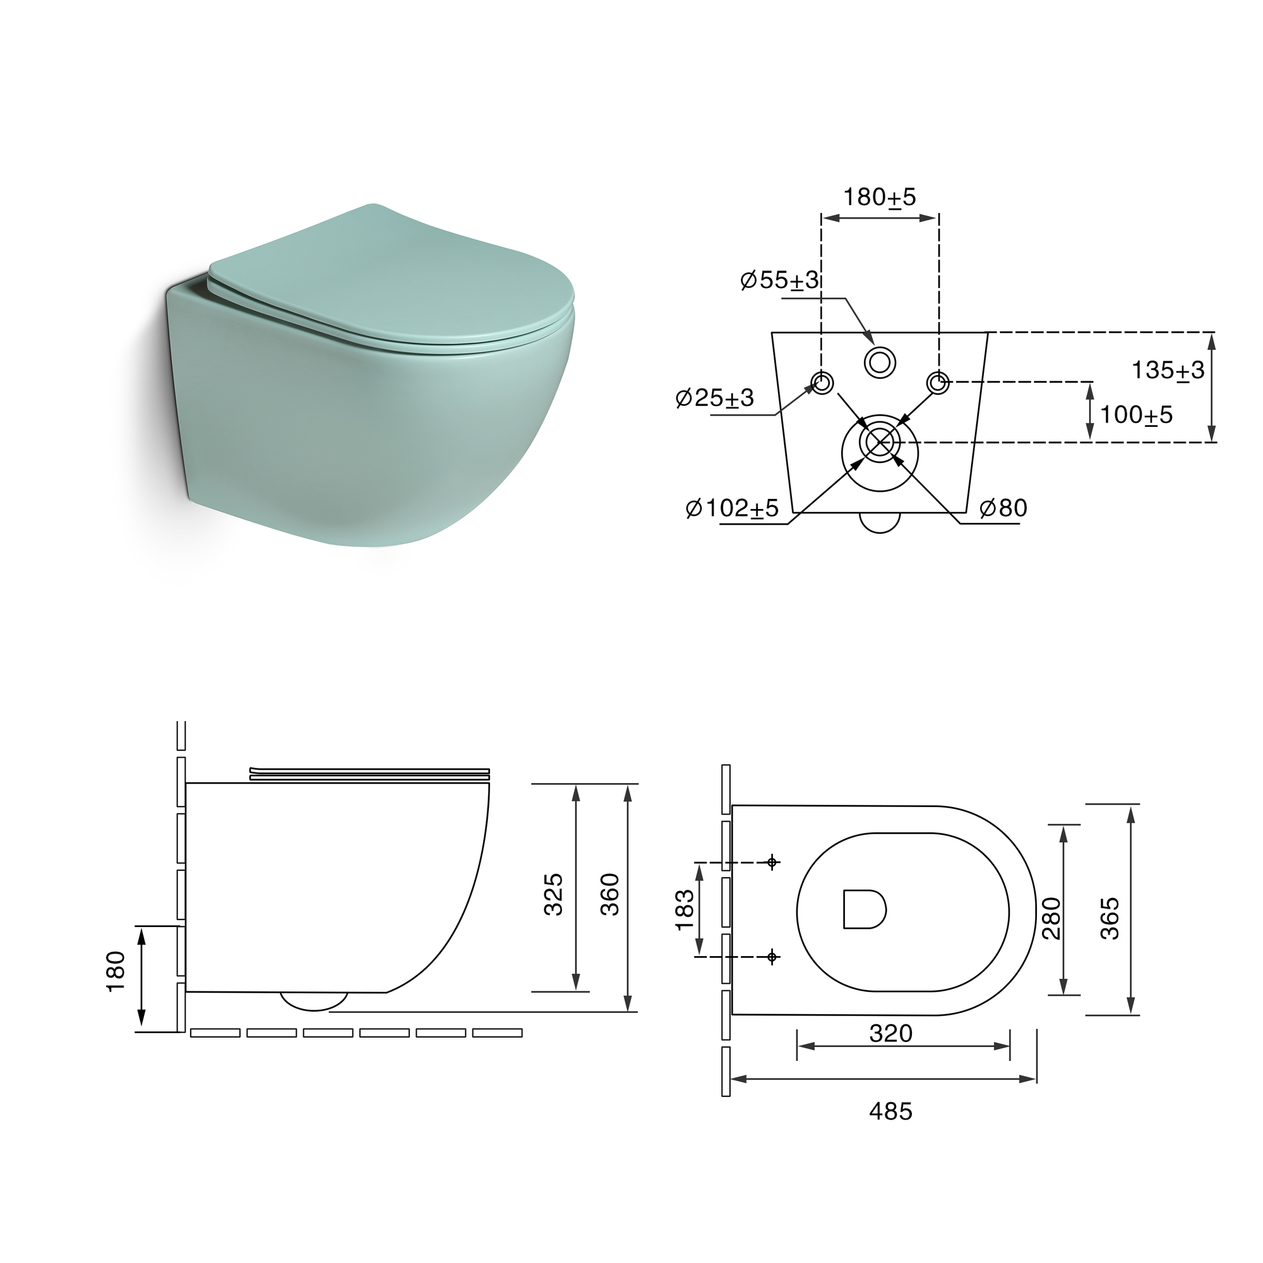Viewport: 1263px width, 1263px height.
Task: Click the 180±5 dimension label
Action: (x=879, y=197)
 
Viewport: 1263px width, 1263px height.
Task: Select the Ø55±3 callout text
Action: (x=779, y=280)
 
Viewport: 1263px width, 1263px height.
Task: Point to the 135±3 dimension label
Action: (x=1168, y=371)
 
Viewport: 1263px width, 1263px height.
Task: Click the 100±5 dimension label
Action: (x=1136, y=414)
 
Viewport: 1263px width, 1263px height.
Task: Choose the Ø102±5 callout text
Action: (x=732, y=508)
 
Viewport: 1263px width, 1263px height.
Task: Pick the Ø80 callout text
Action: (x=1003, y=508)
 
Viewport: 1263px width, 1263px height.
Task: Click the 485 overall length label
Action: (x=890, y=1111)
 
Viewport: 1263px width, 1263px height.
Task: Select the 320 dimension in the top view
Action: (x=890, y=1033)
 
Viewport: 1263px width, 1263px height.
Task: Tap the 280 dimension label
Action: (x=1051, y=918)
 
